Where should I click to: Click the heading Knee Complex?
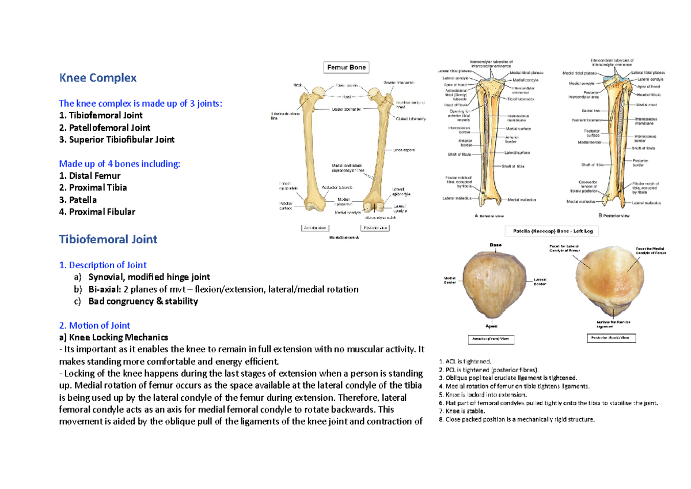coord(98,78)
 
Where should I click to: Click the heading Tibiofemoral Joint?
coord(108,239)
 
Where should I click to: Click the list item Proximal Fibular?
coord(97,212)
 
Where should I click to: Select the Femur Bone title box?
coord(347,67)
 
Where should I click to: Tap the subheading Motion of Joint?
coord(94,325)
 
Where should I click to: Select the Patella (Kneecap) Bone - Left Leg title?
coord(552,231)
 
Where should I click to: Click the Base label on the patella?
coord(496,245)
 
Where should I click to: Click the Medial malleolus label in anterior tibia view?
coord(522,200)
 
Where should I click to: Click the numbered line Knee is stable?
coord(462,411)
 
